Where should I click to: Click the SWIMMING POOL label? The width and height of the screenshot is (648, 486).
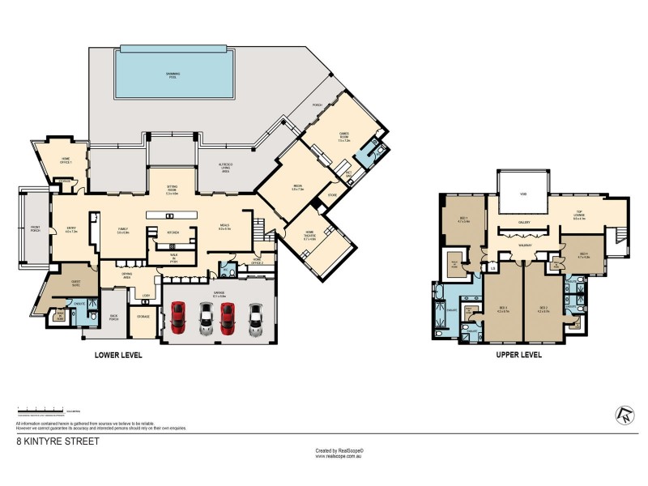click(173, 74)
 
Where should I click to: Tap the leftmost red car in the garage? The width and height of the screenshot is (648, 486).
click(180, 318)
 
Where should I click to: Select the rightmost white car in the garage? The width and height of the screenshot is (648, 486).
click(256, 318)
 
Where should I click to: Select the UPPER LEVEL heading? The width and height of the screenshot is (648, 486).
click(519, 355)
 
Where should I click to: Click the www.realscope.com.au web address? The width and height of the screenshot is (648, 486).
click(339, 456)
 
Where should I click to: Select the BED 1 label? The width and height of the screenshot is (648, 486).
click(464, 220)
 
